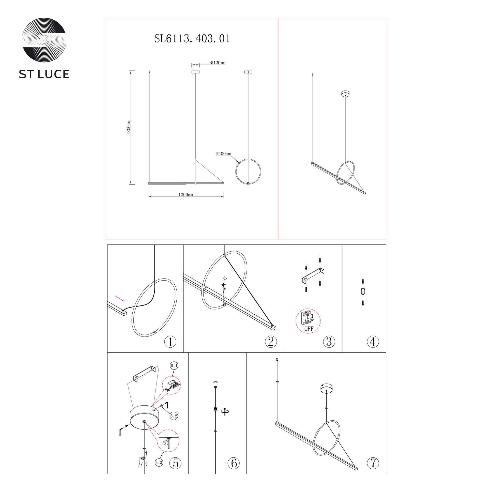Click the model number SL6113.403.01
click(192, 39)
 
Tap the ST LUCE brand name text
click(44, 74)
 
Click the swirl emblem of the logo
click(44, 40)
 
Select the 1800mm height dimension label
click(129, 128)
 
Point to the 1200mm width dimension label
click(186, 195)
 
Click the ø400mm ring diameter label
click(223, 154)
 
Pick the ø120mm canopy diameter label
click(218, 63)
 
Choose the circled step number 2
click(271, 341)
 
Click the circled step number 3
click(329, 341)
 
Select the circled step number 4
click(373, 341)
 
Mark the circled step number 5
click(175, 463)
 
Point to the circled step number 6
click(234, 463)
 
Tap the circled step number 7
click(373, 463)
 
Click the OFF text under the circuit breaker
click(309, 329)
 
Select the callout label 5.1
click(174, 366)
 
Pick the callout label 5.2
click(174, 416)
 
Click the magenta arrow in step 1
click(120, 298)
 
